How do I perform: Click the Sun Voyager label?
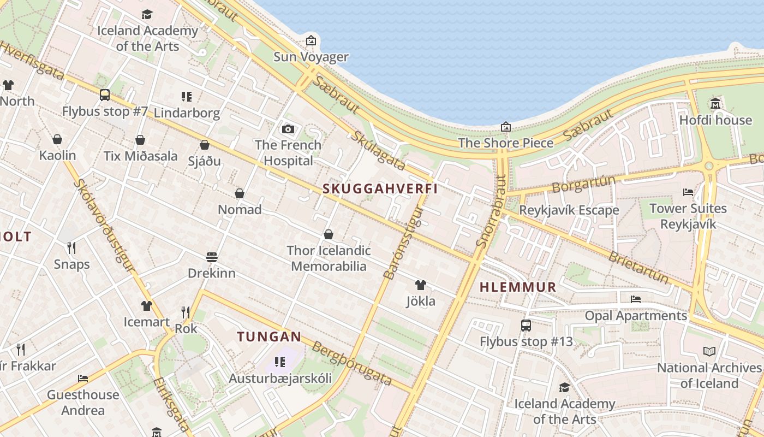click(x=311, y=57)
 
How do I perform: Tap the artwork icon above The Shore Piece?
click(x=506, y=127)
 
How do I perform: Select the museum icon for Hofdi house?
click(x=715, y=103)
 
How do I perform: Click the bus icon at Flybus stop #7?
click(x=105, y=95)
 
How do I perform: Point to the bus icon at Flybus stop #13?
click(x=526, y=326)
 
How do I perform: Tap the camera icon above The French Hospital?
click(x=288, y=129)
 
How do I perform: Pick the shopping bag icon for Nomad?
click(x=239, y=193)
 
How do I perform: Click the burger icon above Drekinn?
click(x=212, y=257)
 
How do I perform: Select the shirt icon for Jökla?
click(x=420, y=285)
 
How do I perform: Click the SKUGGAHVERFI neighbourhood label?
click(x=380, y=188)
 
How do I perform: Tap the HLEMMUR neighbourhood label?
click(x=518, y=287)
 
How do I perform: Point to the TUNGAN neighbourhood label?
click(x=269, y=336)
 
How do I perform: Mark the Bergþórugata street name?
click(x=353, y=363)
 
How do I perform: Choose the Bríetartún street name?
click(x=638, y=268)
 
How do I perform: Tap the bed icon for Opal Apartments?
click(x=635, y=299)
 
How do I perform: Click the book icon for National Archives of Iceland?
click(x=709, y=351)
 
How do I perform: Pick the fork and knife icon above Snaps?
click(x=71, y=248)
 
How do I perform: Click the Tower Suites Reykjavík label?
click(x=688, y=216)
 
